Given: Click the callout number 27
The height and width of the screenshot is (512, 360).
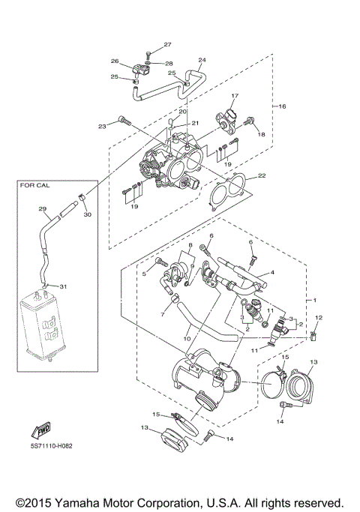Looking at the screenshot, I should click(x=167, y=45).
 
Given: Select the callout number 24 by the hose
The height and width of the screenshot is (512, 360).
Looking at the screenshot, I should click(x=202, y=60).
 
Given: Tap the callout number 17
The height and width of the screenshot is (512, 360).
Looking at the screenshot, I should click(x=234, y=96).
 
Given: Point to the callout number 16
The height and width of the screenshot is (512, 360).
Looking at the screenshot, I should click(x=283, y=107).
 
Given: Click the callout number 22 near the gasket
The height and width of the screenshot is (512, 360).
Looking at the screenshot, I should click(x=261, y=176).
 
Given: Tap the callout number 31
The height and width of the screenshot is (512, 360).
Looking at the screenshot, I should click(x=63, y=286).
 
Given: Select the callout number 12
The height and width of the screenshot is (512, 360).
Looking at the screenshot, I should click(x=317, y=319).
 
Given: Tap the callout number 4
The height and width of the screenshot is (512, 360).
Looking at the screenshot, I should click(x=272, y=272).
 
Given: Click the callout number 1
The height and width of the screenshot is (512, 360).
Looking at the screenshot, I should click(x=316, y=300).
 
